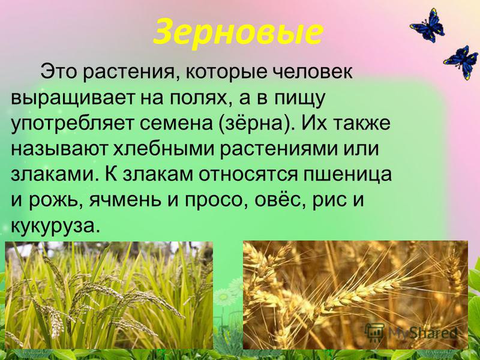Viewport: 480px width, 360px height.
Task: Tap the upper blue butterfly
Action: [x=428, y=26]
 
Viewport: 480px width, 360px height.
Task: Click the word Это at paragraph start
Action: [x=59, y=73]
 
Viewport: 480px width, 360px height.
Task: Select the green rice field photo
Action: [x=109, y=295]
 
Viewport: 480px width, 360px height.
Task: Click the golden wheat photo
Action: [x=355, y=295]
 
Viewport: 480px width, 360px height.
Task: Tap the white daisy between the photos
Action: [x=224, y=296]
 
